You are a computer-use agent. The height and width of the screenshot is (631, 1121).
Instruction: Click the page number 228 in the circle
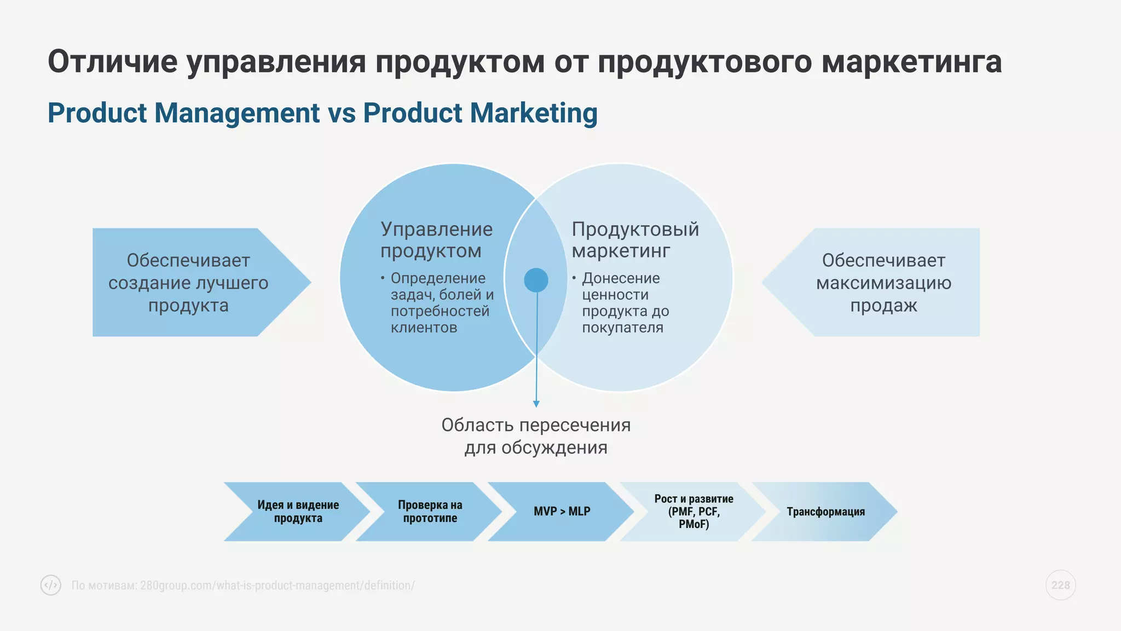pos(1060,585)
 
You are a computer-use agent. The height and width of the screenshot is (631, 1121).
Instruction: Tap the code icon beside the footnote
pos(51,585)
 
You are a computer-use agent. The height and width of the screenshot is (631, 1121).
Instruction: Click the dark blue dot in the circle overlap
pos(536,280)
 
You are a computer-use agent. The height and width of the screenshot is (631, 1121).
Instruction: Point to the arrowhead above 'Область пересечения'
pos(536,404)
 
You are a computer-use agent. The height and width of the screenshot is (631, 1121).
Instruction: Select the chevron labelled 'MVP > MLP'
pos(562,512)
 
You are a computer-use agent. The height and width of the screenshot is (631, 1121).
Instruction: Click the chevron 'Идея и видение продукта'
pos(298,512)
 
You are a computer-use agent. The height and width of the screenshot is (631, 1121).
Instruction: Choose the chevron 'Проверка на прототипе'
pos(430,512)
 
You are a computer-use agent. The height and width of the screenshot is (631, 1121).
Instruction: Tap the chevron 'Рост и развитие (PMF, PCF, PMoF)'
pos(694,512)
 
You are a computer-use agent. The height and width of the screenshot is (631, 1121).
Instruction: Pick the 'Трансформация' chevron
pos(825,512)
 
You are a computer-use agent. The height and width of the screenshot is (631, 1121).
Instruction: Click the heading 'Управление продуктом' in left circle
pos(436,240)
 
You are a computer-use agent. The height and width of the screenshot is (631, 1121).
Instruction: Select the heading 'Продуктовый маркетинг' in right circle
pos(635,240)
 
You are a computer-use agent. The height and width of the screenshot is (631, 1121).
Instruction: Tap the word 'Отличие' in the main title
pos(112,61)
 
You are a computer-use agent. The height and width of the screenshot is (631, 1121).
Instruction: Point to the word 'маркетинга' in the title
pos(911,61)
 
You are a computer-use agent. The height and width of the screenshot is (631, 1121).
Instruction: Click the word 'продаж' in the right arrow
pos(883,306)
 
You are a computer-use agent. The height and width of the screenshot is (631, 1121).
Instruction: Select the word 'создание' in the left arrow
pos(144,283)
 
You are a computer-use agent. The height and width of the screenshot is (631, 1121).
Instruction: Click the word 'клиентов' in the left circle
pos(424,328)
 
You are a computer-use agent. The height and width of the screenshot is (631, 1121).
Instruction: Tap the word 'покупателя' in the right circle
pos(622,328)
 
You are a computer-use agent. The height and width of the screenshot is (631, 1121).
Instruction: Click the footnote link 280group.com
pos(277,586)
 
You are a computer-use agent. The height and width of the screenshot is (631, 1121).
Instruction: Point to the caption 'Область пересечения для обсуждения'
pos(536,437)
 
